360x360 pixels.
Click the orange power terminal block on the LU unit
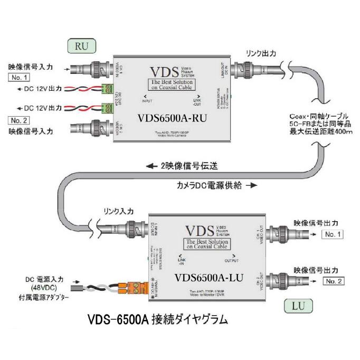click(135, 288)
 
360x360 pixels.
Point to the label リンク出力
click(261, 53)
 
